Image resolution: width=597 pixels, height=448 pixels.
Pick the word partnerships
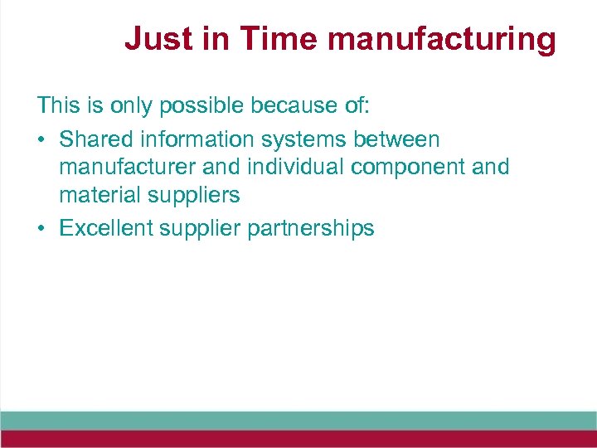coord(310,228)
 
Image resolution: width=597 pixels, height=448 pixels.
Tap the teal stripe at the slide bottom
coord(298,421)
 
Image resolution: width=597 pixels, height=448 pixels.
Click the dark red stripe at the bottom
coord(298,439)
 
